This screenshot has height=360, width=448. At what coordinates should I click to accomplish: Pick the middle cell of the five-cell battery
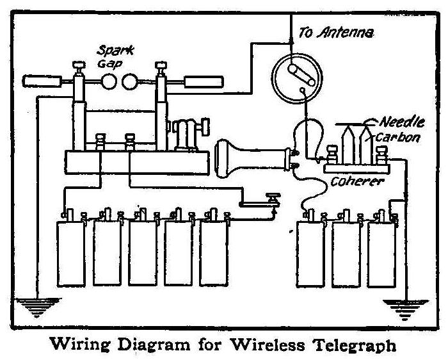pyautogui.click(x=143, y=252)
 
